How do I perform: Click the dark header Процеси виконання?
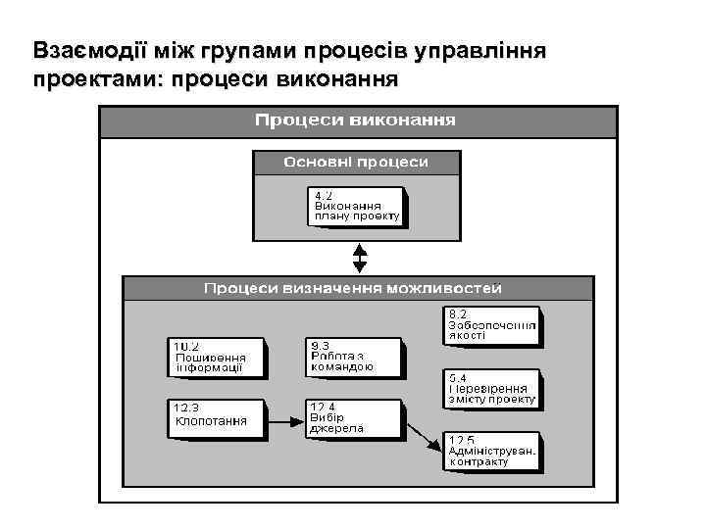356,121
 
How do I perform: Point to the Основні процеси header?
356,162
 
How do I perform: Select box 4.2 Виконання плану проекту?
357,206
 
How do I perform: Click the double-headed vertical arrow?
360,257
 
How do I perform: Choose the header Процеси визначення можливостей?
353,288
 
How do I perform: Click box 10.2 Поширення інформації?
216,358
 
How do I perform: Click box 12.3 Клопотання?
216,419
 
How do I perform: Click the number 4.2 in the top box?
324,194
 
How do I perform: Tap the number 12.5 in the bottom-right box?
462,439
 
